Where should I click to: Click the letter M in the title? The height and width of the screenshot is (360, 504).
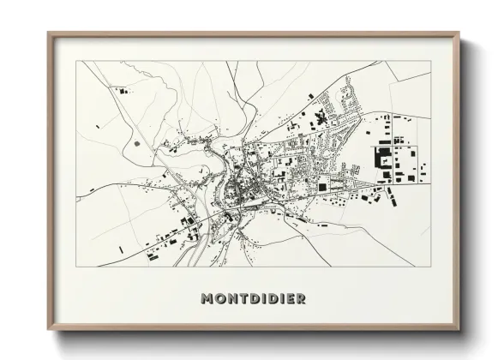[x=207, y=299]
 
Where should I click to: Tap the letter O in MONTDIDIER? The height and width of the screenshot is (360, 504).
[x=219, y=299]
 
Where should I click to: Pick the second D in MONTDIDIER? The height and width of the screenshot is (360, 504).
[x=272, y=299]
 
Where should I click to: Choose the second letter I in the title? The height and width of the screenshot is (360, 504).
[x=281, y=299]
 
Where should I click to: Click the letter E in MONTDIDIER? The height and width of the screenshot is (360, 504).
[x=290, y=299]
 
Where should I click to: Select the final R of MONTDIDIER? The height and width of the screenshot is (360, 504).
[x=301, y=299]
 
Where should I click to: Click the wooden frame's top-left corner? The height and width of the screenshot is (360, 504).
[x=49, y=33]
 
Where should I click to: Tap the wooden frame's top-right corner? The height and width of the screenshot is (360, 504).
[x=459, y=33]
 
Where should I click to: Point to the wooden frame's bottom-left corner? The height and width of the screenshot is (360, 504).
[x=49, y=330]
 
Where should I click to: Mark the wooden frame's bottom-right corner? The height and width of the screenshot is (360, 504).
[x=459, y=330]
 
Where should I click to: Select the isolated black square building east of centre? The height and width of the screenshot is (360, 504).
[x=323, y=187]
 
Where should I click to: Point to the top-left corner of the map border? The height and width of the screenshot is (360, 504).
[x=77, y=62]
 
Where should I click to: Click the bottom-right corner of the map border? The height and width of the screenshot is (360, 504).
[x=430, y=267]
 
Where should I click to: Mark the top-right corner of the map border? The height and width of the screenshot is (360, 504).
[x=430, y=62]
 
